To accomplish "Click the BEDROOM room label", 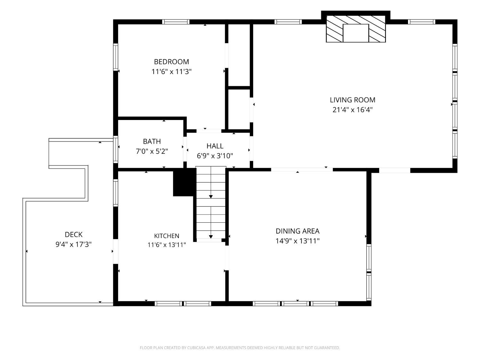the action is click(x=172, y=62).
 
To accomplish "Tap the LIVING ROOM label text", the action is click(x=353, y=100).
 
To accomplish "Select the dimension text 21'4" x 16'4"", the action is click(x=353, y=110).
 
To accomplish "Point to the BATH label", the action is click(x=152, y=141).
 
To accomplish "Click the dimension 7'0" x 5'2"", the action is click(x=152, y=151).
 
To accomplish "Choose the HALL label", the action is click(x=215, y=146).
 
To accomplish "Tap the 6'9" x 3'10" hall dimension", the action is click(x=215, y=156).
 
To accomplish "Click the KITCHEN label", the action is click(x=167, y=236).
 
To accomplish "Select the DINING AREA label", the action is click(x=297, y=231).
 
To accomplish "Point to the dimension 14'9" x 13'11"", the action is click(x=297, y=241).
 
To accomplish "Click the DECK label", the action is click(x=74, y=235).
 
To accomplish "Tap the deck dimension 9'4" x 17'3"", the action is click(x=74, y=244).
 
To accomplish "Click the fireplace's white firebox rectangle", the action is click(x=356, y=33).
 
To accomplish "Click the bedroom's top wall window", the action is click(x=176, y=22).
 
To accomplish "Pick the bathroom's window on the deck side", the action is click(x=116, y=149).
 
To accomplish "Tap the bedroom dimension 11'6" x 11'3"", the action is click(x=172, y=72).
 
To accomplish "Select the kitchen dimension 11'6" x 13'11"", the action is click(x=167, y=245).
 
